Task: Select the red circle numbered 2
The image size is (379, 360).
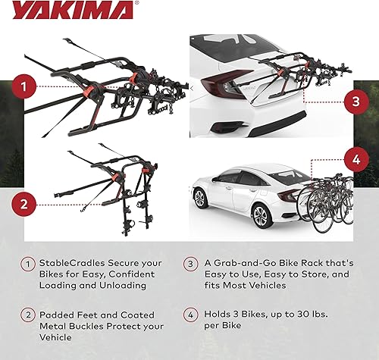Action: [25, 203]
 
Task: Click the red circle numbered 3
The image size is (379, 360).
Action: [352, 101]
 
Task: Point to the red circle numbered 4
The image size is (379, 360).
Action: [352, 160]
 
